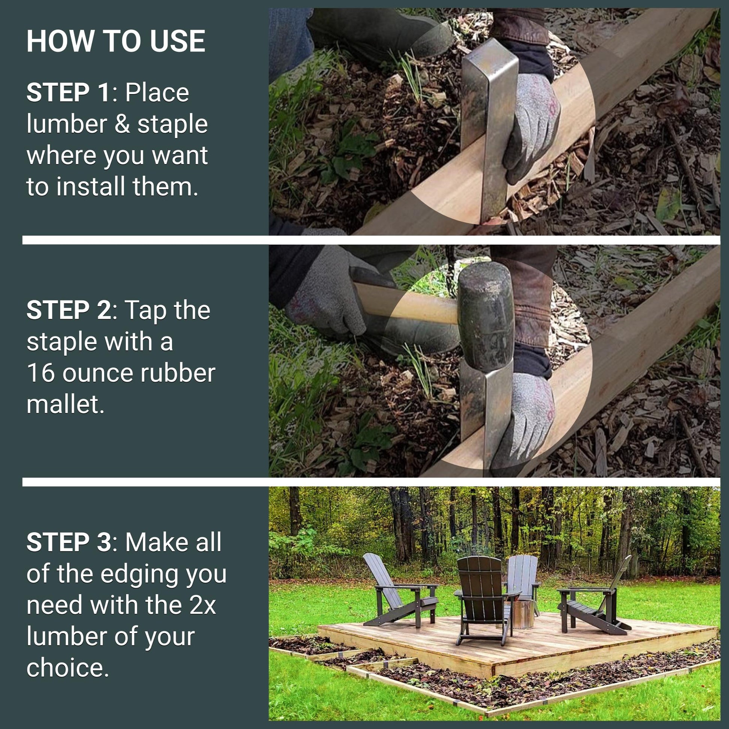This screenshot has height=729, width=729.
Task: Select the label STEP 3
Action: click(x=69, y=542)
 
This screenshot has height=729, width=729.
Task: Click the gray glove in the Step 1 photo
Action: click(x=532, y=127)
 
